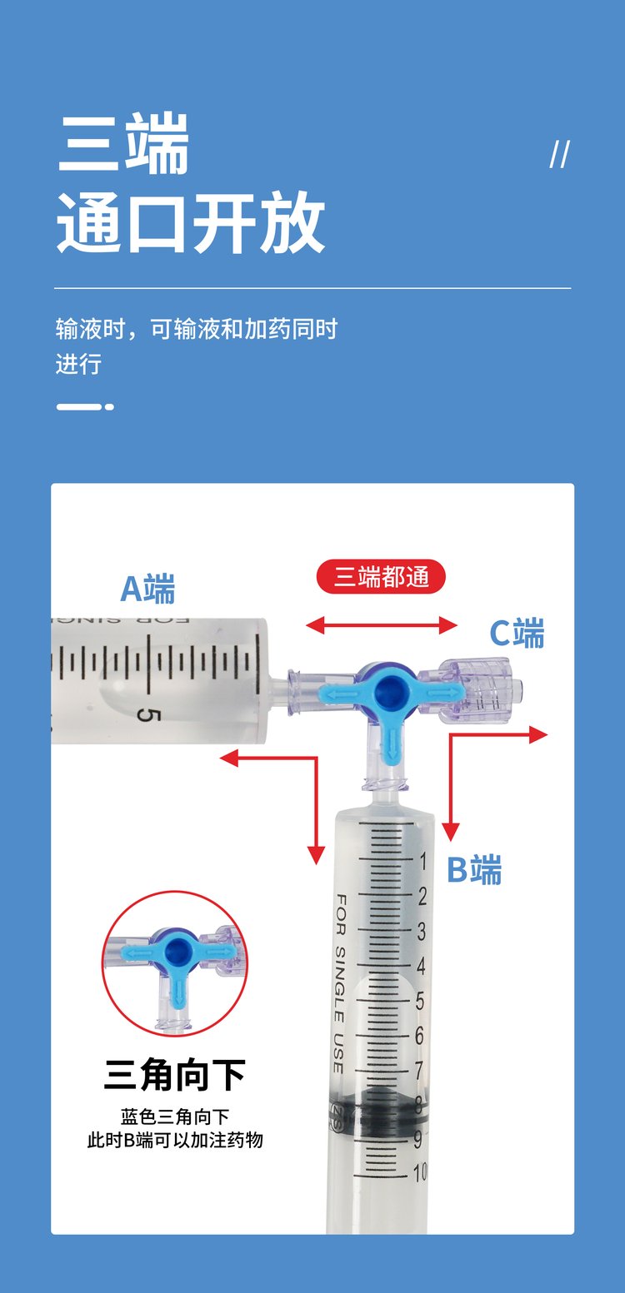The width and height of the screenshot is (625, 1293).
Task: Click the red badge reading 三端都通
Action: pos(381,576)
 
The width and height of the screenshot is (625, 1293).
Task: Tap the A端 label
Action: pos(147,589)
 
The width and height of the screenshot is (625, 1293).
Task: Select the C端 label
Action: pos(517,633)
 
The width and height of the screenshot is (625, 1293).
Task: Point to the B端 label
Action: pos(474,869)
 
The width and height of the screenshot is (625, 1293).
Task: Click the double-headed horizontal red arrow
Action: pos(381,624)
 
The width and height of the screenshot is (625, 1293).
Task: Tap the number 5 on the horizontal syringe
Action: pos(147,715)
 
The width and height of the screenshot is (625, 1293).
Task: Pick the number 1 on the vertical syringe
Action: pos(422,861)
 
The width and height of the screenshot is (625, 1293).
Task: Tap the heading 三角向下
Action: pos(174,1075)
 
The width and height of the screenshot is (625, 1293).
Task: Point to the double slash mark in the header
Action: pos(560,155)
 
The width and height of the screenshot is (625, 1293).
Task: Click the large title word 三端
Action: pos(123,143)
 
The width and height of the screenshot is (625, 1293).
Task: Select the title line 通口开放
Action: pos(191,222)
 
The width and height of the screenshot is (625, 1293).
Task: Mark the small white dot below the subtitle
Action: pos(109,407)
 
